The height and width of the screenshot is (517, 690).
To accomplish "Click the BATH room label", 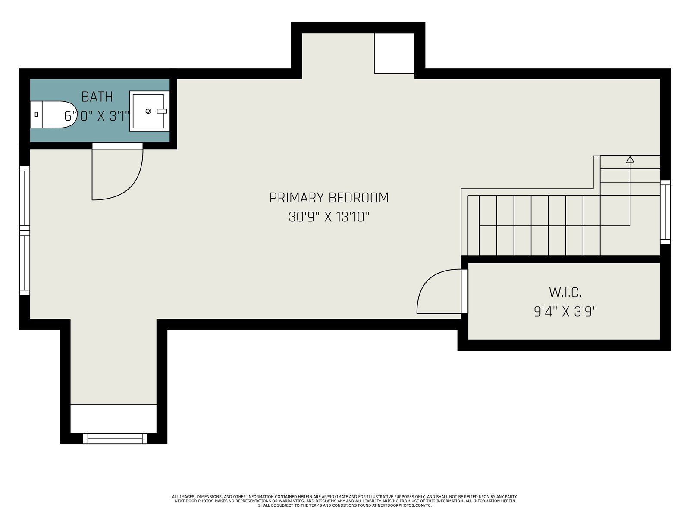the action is pos(97,97).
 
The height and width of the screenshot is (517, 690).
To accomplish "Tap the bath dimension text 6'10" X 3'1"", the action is pos(97,116).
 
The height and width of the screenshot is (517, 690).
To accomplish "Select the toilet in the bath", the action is pos(53,114).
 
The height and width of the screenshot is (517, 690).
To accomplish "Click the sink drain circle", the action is pos(148,111).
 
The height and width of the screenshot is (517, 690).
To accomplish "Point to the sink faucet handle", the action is pos(162,111).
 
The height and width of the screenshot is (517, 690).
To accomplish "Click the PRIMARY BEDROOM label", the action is pos(329,198).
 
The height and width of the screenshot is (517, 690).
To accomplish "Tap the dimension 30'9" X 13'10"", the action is pos(329,217).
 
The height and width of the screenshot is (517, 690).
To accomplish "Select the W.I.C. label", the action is pos(565,293).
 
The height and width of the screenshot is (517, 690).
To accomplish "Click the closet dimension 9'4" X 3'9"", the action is pos(565,311).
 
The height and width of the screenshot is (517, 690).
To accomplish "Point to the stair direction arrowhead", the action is pos(630,159).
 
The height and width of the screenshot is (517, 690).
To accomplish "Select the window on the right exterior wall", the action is pos(665,212).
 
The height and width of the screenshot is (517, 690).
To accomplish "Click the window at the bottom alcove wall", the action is pos(115,439).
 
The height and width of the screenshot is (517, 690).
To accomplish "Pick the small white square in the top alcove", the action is pos(394,53).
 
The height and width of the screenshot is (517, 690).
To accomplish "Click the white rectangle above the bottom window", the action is pos(113,419).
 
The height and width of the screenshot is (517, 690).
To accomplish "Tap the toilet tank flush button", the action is pos(36,115).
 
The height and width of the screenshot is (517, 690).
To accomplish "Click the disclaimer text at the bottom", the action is pos(345,501).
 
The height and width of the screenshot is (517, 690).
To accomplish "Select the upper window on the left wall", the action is pos(25,198).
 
